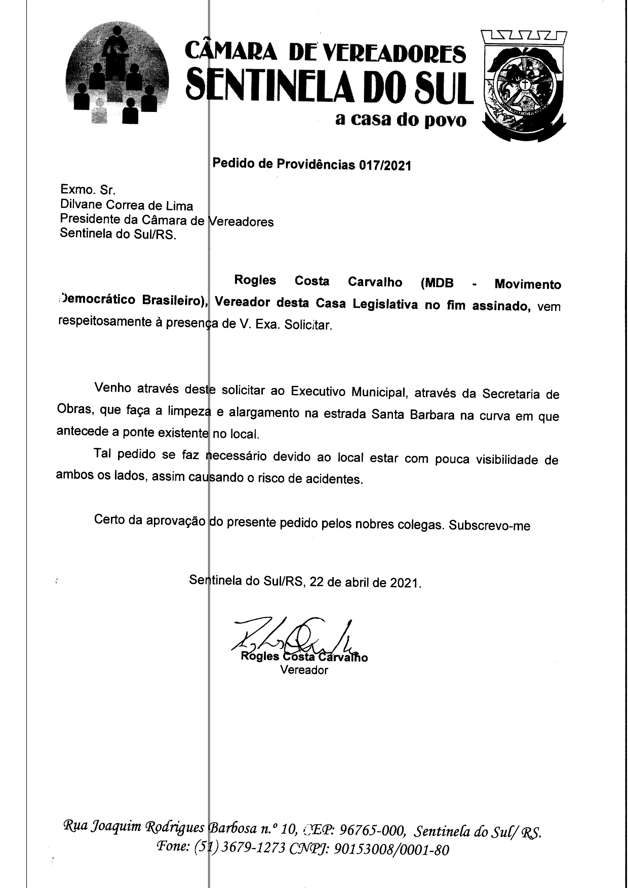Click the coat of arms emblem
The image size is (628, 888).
pyautogui.click(x=524, y=86)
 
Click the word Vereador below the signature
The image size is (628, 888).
pyautogui.click(x=304, y=670)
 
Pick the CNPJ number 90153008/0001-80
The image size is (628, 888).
pyautogui.click(x=391, y=849)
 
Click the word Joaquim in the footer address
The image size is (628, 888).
pyautogui.click(x=106, y=827)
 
